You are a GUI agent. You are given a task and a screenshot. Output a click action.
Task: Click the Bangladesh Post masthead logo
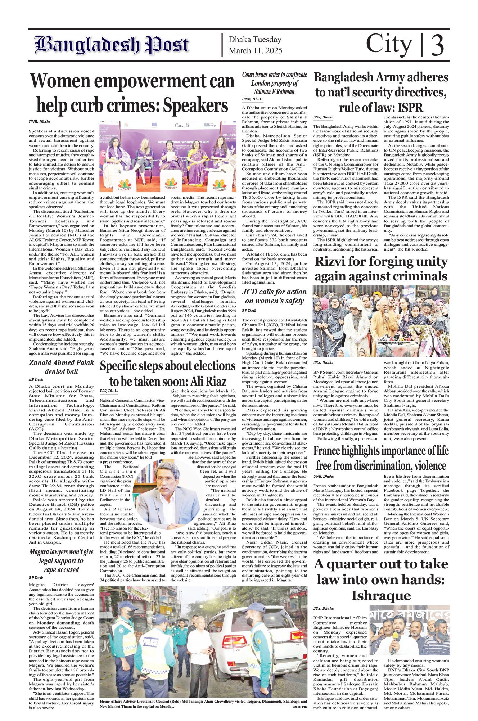[112, 45]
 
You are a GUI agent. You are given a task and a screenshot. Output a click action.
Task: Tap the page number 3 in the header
[437, 45]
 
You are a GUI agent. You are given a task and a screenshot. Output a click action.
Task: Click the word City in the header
[389, 44]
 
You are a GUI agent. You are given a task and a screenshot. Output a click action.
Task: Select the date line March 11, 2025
[255, 51]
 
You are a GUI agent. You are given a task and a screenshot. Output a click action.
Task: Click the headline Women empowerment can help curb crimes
[132, 93]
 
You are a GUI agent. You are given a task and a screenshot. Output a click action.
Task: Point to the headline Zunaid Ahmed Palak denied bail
[61, 367]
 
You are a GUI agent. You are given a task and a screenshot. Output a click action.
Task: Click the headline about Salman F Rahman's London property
[274, 83]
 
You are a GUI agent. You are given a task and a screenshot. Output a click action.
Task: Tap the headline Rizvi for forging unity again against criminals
[381, 269]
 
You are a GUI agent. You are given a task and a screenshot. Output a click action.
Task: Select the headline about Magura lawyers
[61, 561]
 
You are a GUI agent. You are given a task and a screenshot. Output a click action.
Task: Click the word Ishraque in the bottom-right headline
[381, 595]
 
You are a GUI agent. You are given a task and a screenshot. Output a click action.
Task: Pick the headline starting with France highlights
[381, 458]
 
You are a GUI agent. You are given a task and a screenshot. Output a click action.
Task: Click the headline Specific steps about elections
[168, 373]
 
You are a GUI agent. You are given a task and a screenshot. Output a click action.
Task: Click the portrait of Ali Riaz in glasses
[164, 493]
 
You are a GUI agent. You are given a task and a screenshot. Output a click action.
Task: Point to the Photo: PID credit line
[299, 707]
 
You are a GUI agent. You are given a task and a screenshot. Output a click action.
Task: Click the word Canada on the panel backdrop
[182, 126]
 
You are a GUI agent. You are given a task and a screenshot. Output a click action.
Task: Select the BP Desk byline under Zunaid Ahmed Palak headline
[36, 379]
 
